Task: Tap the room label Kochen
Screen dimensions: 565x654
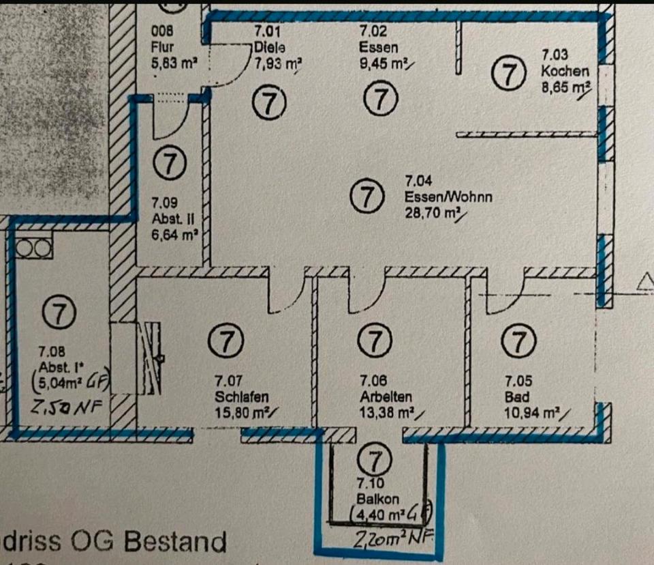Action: (x=565, y=71)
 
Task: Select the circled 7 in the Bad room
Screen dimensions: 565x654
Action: (x=520, y=339)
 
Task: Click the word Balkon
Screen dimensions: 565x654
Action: (x=372, y=499)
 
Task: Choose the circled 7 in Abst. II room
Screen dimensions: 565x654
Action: (x=169, y=164)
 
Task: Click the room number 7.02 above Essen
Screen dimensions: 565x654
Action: (x=372, y=31)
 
